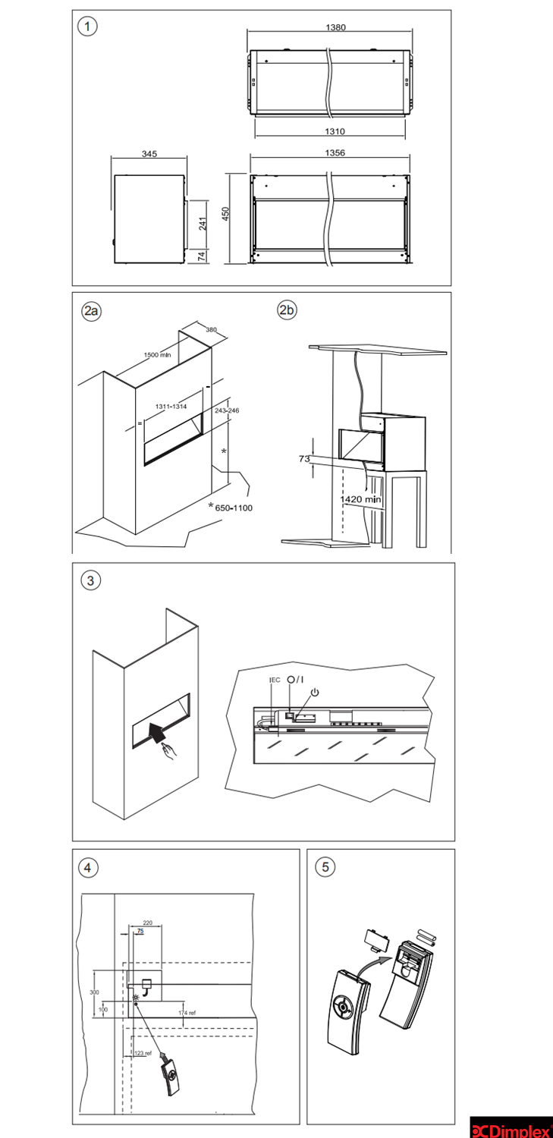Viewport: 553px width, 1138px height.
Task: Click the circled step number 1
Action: [x=90, y=27]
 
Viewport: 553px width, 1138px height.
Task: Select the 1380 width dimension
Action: [x=335, y=27]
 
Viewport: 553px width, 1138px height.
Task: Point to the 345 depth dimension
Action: [x=149, y=154]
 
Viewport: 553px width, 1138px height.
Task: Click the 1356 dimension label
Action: [x=335, y=152]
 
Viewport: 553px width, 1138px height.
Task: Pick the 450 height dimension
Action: [x=225, y=215]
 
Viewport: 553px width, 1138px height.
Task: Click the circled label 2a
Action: [x=92, y=311]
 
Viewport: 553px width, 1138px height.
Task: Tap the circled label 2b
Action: [x=287, y=311]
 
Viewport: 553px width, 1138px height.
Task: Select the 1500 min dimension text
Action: [x=159, y=354]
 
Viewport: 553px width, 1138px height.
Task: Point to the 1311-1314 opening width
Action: [x=172, y=407]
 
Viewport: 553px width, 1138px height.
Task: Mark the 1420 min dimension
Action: [x=361, y=499]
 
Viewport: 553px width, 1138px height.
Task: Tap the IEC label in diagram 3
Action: [x=275, y=680]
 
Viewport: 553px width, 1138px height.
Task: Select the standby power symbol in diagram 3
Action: [x=315, y=692]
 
